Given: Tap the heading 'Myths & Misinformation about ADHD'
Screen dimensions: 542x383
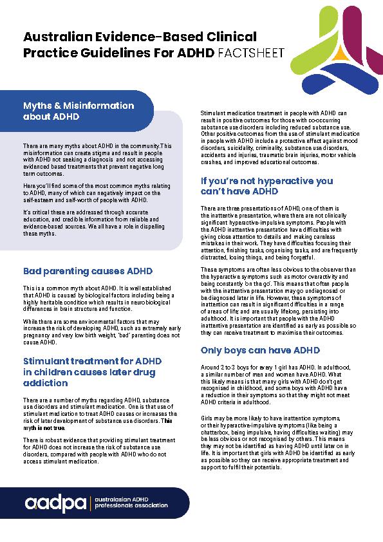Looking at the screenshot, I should pos(79,111).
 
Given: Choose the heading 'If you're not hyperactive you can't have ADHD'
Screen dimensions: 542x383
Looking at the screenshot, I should pos(266,185).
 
